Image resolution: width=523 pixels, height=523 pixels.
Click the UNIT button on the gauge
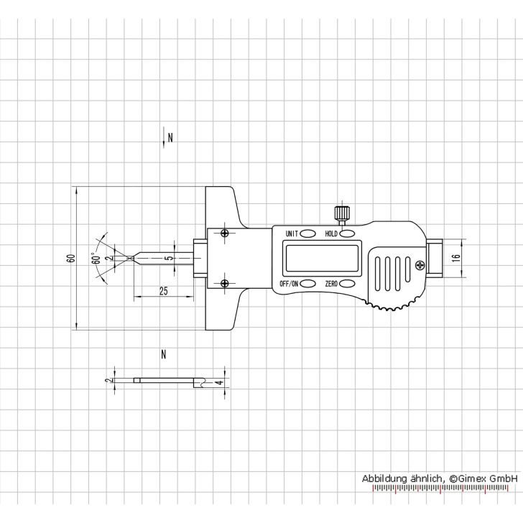coord(307,233)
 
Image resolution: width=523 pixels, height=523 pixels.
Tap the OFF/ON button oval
coord(307,284)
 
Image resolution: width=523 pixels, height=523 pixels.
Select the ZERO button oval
coord(349,284)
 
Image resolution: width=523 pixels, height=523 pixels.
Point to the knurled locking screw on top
coord(341,213)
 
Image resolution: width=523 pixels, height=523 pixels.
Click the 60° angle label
coord(95,258)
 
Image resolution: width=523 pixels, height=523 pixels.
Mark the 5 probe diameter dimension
coord(167,257)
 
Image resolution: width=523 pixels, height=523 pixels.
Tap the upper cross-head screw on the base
coord(226,233)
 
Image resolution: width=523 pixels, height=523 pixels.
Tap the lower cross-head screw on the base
coord(226,283)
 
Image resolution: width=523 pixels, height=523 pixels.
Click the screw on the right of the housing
coord(419,266)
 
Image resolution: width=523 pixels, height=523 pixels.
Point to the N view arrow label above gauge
coord(170,136)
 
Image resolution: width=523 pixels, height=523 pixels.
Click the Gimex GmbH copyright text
coord(440,478)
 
